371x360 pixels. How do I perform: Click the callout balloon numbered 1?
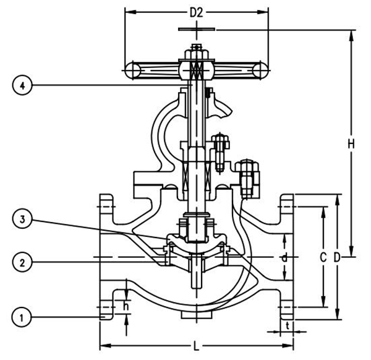[x=22, y=318]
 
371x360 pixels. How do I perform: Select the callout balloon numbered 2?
[x=22, y=262]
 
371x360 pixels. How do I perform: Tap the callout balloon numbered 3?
[x=22, y=219]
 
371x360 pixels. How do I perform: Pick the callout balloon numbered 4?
[x=22, y=86]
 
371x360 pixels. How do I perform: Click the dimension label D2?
[x=197, y=12]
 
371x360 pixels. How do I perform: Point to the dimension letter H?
[x=351, y=144]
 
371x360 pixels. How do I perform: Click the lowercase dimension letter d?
[x=285, y=257]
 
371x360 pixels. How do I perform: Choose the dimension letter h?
[x=126, y=305]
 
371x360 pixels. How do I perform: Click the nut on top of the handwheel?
[x=196, y=48]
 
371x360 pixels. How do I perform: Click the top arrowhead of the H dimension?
[x=351, y=32]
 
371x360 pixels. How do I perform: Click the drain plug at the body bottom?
[x=196, y=314]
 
